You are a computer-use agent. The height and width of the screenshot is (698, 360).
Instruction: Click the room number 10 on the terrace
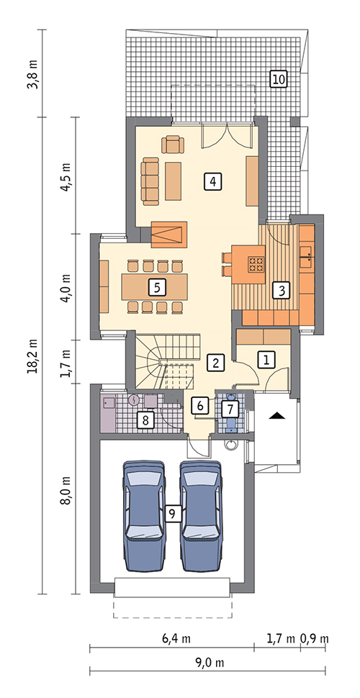[279, 80]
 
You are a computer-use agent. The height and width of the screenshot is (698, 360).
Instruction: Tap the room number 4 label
[212, 181]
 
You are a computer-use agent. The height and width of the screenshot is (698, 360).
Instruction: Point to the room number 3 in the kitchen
[281, 290]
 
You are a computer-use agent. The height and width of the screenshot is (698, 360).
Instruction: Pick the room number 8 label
[145, 420]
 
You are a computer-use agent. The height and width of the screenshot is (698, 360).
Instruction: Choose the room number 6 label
[199, 406]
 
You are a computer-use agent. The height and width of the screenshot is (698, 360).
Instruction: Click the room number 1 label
[266, 359]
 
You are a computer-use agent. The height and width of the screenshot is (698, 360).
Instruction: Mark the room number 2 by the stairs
[216, 363]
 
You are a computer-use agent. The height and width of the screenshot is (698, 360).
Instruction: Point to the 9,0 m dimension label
[210, 663]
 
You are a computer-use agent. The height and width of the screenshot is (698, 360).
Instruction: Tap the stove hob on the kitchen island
[256, 264]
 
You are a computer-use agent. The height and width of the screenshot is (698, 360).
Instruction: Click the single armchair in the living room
[173, 145]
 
